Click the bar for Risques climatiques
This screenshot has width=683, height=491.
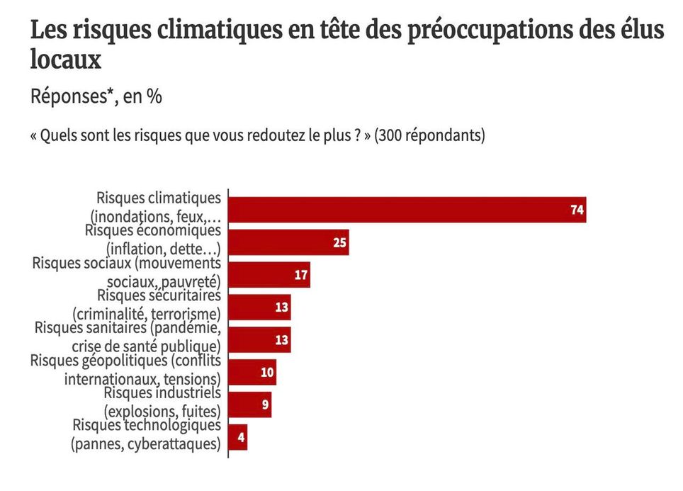point(407,210)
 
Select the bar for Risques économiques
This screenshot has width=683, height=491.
point(288,242)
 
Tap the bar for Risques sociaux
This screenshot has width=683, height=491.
point(269,275)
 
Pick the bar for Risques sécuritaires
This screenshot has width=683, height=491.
point(259,307)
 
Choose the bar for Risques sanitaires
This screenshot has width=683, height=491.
point(259,340)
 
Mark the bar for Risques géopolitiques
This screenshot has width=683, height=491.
point(252,372)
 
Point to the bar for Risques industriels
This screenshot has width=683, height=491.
point(249,405)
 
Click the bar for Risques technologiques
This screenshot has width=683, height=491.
point(237,437)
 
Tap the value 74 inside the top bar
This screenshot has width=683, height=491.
point(577,210)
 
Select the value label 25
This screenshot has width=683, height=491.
point(339,242)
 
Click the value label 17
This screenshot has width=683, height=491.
point(301,275)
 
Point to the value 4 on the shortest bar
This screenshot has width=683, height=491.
point(241,437)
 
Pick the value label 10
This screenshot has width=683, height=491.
point(267,372)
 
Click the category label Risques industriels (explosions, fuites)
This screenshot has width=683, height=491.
point(162,401)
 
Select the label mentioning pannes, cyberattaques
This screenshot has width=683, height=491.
point(146,434)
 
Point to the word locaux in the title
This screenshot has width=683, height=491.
point(65,60)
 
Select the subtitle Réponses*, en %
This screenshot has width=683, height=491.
point(96,96)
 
